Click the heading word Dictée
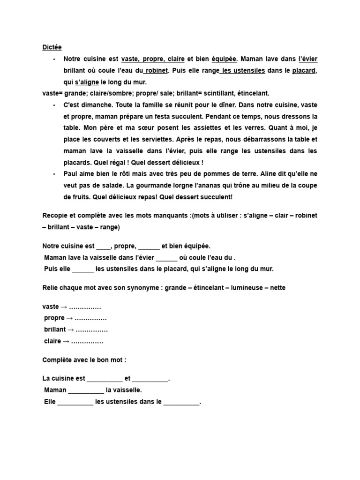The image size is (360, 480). point(52,47)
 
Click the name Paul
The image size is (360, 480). point(71,174)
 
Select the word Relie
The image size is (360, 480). point(50,287)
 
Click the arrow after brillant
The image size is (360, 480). point(70,330)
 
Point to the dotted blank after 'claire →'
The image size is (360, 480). point(87,341)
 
